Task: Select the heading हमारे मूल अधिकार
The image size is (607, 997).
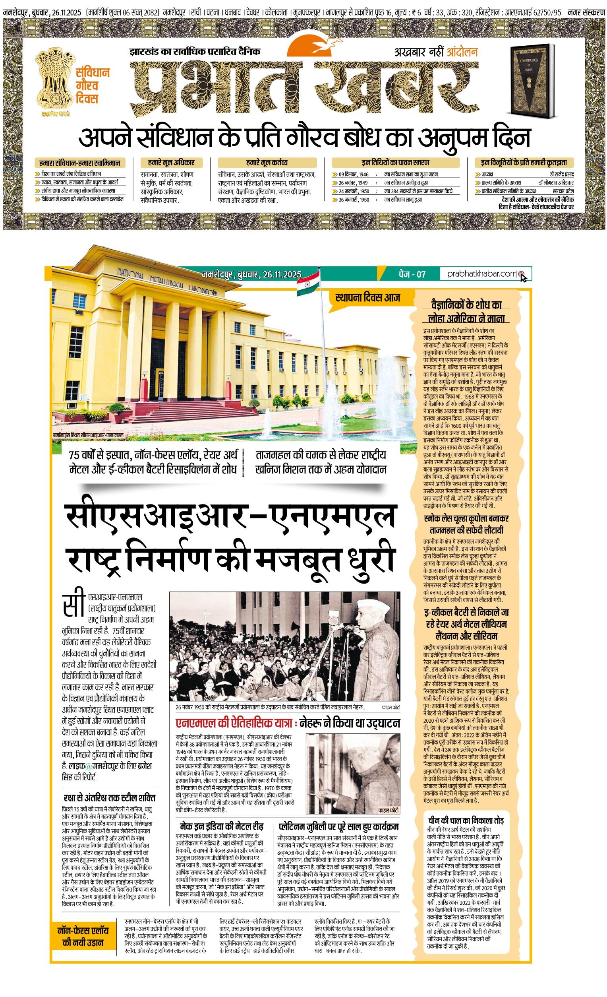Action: pyautogui.click(x=168, y=163)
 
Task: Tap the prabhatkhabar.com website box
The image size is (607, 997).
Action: pyautogui.click(x=483, y=274)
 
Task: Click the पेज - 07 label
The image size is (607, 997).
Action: pyautogui.click(x=410, y=274)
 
